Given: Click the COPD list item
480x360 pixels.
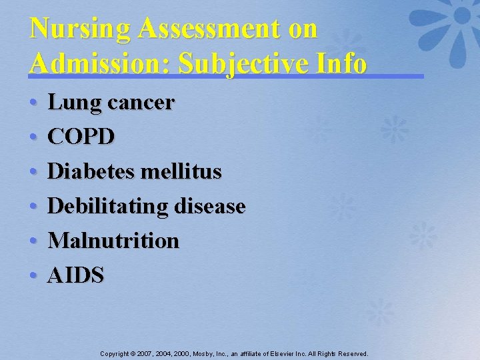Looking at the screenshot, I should tap(81, 137).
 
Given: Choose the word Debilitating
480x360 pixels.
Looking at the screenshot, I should tap(108, 206).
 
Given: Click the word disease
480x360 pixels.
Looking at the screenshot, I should tap(209, 206).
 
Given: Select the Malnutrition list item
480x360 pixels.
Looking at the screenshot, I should tap(113, 240).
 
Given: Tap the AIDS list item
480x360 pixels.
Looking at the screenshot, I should tap(76, 275).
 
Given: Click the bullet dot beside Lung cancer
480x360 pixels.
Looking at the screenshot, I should tap(33, 104).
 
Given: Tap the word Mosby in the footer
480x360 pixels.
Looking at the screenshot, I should tap(204, 353).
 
